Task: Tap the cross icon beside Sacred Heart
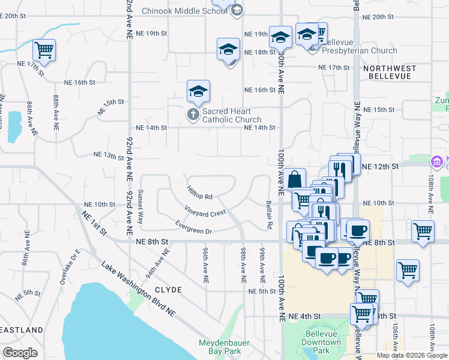click(x=193, y=114)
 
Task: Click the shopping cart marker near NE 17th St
click(x=44, y=50)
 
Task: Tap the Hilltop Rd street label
click(x=200, y=193)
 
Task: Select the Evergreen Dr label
click(x=194, y=227)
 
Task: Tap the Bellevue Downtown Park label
click(x=322, y=346)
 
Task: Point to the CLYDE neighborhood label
click(x=168, y=289)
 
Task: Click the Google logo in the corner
click(x=20, y=353)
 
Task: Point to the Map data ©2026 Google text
click(x=412, y=355)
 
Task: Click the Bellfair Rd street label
click(x=270, y=214)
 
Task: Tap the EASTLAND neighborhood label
click(x=22, y=330)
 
